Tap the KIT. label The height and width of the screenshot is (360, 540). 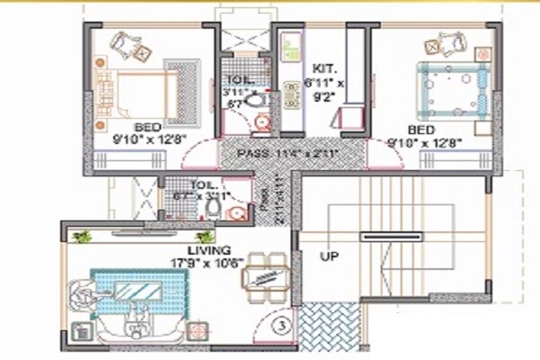click(x=323, y=67)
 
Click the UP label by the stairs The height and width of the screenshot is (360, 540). click(x=328, y=256)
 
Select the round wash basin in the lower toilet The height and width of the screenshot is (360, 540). click(x=236, y=213)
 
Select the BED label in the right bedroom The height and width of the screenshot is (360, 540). click(x=426, y=129)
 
